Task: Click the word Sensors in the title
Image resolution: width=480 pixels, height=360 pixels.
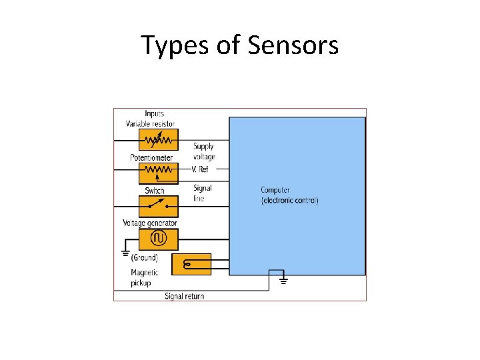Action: pos(293,45)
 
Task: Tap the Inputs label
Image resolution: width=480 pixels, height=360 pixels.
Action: pos(154,114)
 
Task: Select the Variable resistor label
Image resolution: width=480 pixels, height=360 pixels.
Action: pos(150,123)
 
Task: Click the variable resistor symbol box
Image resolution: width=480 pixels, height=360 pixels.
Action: pos(159,140)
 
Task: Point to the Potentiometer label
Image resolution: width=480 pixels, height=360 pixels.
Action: pos(151,158)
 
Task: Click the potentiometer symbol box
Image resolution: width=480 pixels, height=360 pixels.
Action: pos(159,173)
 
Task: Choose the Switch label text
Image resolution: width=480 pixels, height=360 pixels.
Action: pos(154,191)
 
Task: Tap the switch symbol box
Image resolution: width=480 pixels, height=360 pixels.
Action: pos(159,205)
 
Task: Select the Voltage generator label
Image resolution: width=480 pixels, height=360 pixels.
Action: pos(150,223)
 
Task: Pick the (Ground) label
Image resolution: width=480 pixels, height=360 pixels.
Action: pos(144,257)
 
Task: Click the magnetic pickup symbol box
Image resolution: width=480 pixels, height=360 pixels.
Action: pos(191,264)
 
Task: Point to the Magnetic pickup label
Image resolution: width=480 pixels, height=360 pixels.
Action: pos(144,277)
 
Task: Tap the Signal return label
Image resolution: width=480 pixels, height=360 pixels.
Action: pos(184,296)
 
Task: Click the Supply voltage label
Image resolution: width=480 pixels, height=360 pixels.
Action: pos(204,151)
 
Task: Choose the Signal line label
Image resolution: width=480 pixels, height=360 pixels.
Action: pos(202,193)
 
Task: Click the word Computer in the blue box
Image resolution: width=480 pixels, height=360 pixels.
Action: pos(275,190)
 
